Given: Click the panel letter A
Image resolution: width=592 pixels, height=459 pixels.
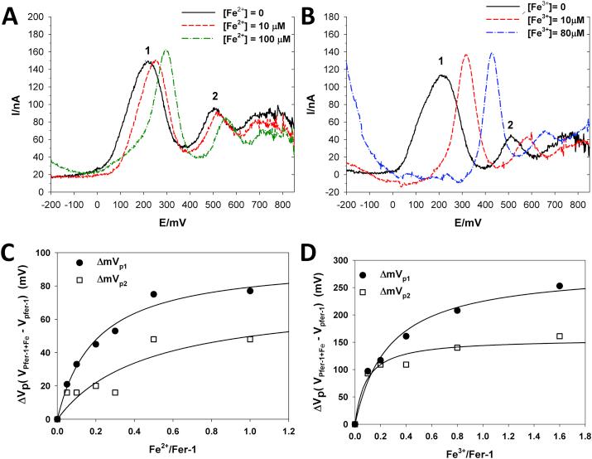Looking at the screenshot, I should pyautogui.click(x=12, y=13).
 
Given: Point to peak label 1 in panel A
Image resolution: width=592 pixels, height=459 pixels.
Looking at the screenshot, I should pyautogui.click(x=148, y=51).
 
